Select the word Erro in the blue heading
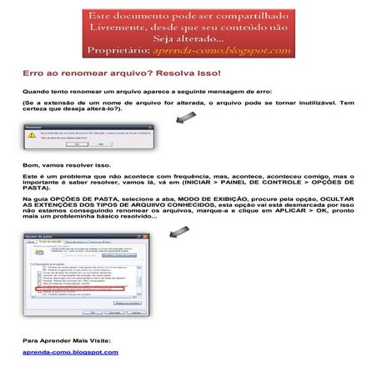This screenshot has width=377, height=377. click(31, 73)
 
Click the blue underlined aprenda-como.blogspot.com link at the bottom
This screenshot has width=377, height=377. click(70, 353)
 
